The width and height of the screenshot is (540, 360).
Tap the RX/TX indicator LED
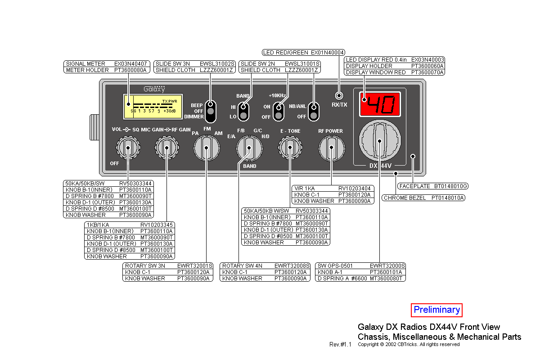click(x=339, y=95)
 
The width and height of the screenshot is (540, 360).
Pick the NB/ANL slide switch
click(x=314, y=111)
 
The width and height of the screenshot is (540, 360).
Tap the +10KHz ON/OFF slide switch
click(x=279, y=111)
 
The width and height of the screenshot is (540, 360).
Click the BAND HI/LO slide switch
click(x=243, y=111)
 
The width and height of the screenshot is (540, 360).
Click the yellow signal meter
click(x=153, y=107)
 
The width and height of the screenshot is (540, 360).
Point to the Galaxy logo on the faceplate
click(x=154, y=89)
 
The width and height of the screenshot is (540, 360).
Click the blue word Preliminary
click(x=436, y=310)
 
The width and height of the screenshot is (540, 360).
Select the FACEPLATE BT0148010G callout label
click(x=432, y=186)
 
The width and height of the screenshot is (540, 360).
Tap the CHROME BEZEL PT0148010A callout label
click(x=423, y=198)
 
